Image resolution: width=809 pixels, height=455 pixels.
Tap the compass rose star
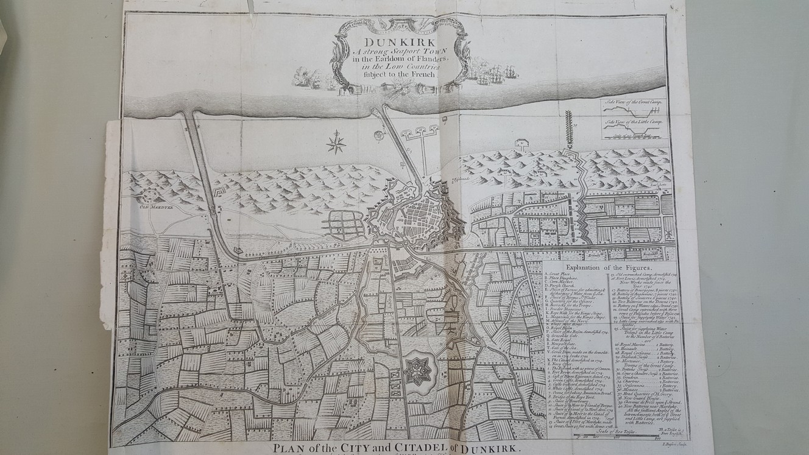point(336,143)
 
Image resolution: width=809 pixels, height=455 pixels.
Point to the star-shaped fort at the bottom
point(418,370)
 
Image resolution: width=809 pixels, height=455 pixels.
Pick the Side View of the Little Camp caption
point(634,122)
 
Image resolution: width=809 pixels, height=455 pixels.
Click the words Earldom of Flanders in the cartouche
point(410,58)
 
